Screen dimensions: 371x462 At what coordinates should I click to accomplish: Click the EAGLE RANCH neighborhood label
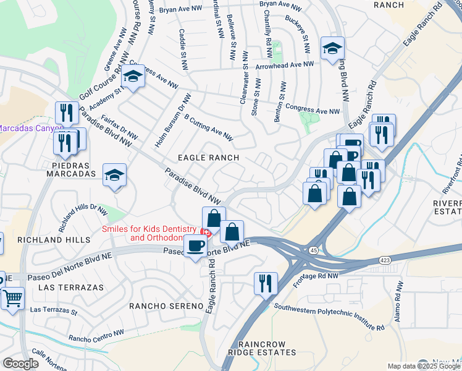click(208, 158)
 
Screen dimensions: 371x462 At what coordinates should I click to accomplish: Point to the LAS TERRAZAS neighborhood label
click(64, 288)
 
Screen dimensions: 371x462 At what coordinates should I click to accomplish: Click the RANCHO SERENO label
click(166, 306)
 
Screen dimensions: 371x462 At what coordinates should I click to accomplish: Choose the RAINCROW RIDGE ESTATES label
click(262, 348)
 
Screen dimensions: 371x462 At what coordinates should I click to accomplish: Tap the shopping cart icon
click(12, 299)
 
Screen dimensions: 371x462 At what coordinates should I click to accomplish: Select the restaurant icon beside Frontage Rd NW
click(266, 283)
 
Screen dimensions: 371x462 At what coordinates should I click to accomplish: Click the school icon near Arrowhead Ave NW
click(332, 49)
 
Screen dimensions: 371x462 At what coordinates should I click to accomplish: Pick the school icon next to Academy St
click(132, 77)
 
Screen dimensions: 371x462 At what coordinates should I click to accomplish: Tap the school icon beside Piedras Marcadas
click(114, 176)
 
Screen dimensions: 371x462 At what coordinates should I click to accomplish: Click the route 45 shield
click(314, 250)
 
